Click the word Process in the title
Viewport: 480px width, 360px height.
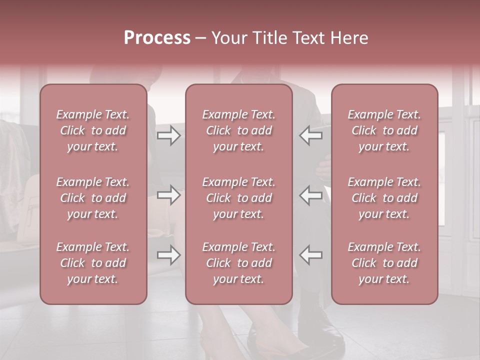[157, 38]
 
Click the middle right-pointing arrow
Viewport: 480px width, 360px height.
[168, 195]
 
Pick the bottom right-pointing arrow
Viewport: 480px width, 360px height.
[168, 255]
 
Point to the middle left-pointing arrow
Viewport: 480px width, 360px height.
[311, 195]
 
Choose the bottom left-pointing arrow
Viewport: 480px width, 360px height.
[311, 255]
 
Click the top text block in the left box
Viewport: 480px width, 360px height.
[93, 130]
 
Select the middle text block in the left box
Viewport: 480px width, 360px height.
[93, 198]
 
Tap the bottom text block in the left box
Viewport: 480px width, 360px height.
[93, 263]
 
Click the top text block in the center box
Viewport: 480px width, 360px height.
[239, 130]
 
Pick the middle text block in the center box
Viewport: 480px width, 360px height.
[239, 198]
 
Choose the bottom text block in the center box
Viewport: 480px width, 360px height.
[239, 263]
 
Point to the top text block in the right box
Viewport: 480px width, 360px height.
[384, 130]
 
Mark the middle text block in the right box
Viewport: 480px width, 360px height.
[384, 198]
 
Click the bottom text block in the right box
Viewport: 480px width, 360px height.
[384, 263]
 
